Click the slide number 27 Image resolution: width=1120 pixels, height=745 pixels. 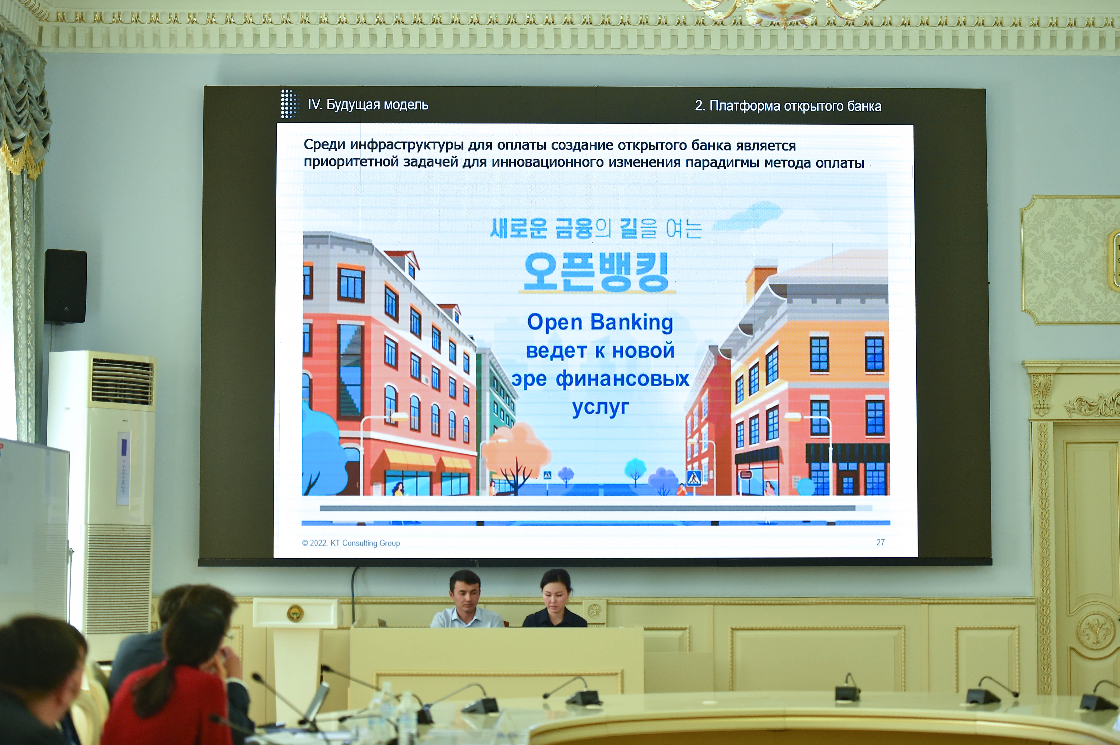tap(880, 542)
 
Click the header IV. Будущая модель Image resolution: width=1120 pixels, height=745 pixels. tap(368, 104)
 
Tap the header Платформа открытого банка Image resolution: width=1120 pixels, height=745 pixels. tap(795, 106)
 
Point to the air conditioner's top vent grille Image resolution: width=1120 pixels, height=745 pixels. tap(123, 382)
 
